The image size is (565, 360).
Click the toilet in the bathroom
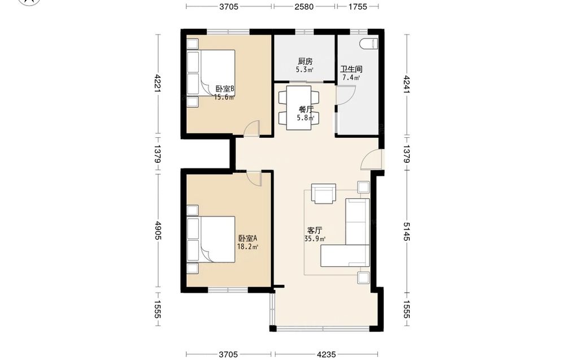(x=368, y=44)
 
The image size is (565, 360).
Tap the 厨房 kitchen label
(x=305, y=61)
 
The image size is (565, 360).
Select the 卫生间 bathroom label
(x=351, y=69)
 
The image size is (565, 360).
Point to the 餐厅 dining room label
(x=306, y=110)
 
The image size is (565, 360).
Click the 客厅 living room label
(x=315, y=230)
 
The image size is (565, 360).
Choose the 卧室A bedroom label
(x=247, y=238)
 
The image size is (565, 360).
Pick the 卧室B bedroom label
(x=225, y=89)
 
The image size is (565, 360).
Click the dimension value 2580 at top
(x=304, y=6)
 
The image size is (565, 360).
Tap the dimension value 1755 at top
(x=358, y=6)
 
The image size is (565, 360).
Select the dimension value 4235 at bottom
(x=327, y=354)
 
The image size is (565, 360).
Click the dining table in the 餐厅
(x=299, y=107)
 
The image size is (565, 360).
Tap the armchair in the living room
(x=323, y=194)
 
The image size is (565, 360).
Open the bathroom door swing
(x=346, y=94)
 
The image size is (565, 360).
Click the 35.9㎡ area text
(x=315, y=238)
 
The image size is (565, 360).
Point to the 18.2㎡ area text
(x=247, y=247)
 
